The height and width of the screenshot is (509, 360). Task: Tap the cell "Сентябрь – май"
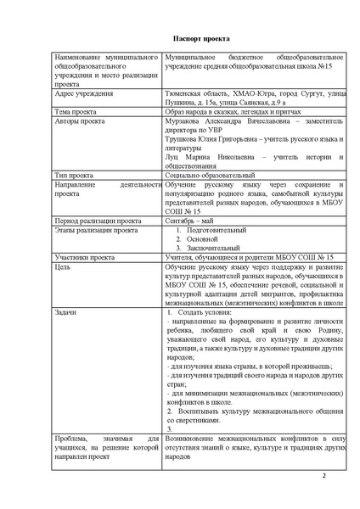point(193,220)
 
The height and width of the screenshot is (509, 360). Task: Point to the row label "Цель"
point(61,266)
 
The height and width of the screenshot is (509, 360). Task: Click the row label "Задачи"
point(65,313)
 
